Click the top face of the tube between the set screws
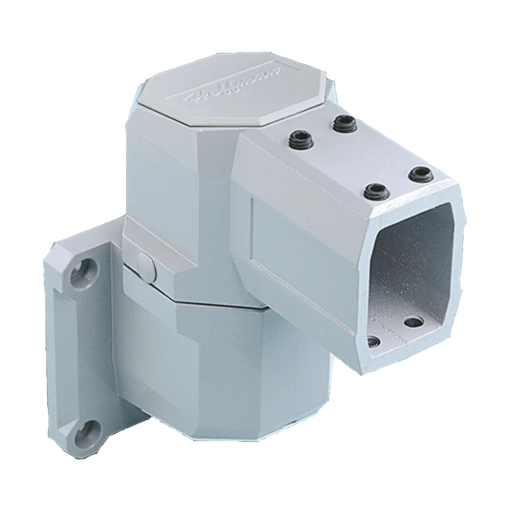pyautogui.click(x=354, y=157)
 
